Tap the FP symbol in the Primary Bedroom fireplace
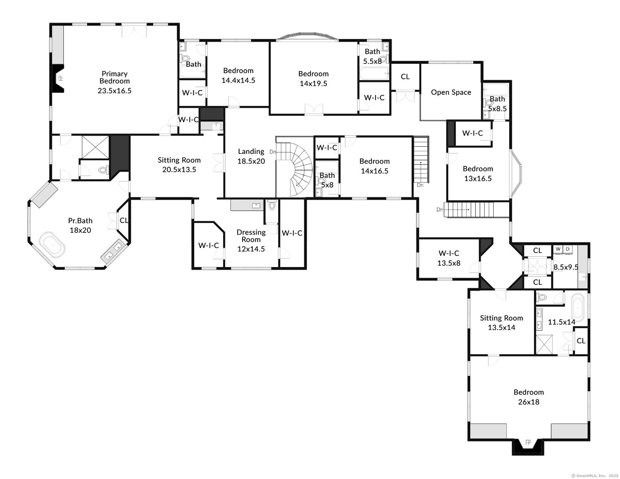point(60,78)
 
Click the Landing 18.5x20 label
point(251,156)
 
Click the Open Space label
point(451,92)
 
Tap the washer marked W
point(558,249)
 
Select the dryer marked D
point(568,249)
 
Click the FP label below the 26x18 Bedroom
point(528,443)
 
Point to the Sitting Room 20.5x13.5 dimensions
point(179,169)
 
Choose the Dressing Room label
point(251,236)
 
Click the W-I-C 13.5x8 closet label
point(449,258)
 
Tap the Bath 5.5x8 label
point(373,56)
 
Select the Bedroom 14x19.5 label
point(313,79)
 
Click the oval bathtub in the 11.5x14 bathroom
point(578,308)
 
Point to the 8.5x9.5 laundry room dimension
point(566,267)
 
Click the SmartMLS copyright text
point(595,475)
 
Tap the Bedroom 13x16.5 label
point(478,173)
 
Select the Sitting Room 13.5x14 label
point(501,322)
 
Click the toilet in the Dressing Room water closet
point(272,205)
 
